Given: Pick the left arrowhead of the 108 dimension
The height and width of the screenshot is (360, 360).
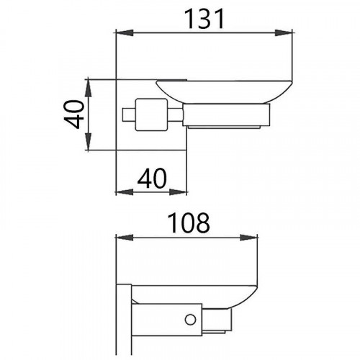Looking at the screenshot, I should point(122,239).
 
